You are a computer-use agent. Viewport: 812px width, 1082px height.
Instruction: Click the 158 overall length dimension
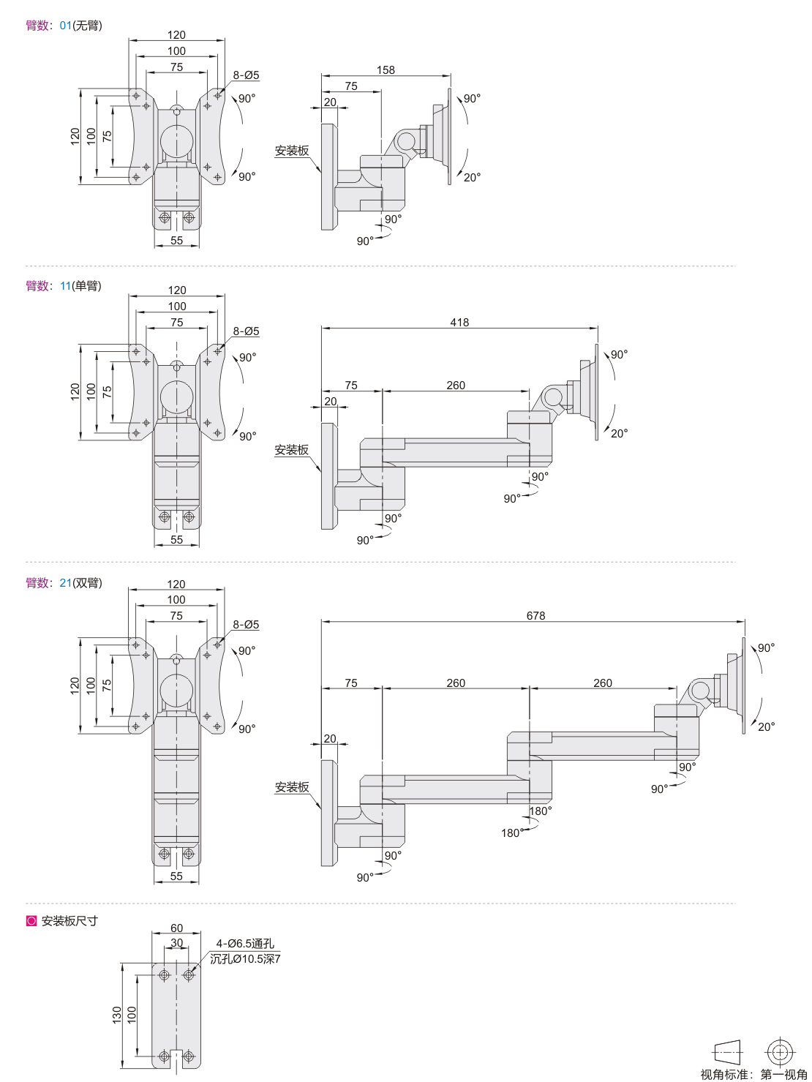tap(386, 70)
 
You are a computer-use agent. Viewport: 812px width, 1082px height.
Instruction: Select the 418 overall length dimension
tap(459, 323)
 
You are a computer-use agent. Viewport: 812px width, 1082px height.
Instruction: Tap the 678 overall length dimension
tap(535, 616)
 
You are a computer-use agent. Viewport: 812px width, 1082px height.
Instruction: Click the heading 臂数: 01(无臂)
tap(64, 26)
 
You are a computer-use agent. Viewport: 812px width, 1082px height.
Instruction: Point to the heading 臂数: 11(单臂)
tap(64, 286)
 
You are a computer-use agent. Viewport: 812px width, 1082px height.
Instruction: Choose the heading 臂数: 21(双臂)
tap(64, 583)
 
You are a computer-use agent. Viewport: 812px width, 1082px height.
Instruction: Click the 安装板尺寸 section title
tap(69, 921)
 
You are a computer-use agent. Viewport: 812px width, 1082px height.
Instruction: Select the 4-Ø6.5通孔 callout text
tap(245, 944)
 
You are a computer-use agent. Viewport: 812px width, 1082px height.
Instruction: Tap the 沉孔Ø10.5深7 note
tap(245, 959)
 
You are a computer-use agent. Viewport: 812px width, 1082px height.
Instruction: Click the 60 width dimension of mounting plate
tap(176, 928)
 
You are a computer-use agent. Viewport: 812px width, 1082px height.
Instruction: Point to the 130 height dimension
tap(117, 1015)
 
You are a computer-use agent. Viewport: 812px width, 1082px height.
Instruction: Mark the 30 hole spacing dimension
tap(176, 943)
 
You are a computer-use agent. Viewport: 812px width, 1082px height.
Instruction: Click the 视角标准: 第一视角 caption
tap(753, 1074)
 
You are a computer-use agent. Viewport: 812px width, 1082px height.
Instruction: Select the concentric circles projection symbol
tap(780, 1052)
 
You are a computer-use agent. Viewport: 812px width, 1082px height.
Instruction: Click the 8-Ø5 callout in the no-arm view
tap(246, 75)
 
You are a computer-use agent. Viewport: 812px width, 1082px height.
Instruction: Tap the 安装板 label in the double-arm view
tap(292, 787)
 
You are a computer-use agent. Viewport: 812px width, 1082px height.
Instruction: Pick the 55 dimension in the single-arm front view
tap(176, 540)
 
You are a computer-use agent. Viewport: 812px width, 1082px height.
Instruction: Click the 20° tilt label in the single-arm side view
tap(619, 434)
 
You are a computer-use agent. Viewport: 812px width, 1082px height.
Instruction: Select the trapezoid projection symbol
tap(727, 1052)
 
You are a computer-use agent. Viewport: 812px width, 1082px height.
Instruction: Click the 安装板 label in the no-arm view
tap(292, 151)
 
